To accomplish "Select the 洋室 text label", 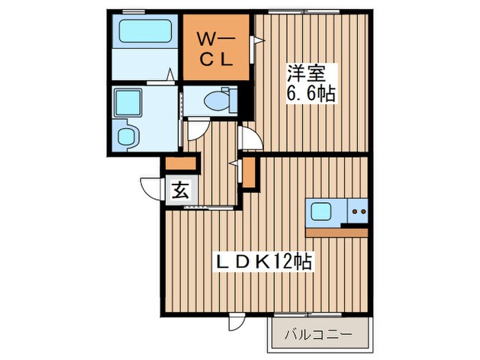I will pyautogui.click(x=309, y=71).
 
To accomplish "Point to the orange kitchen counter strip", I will pyautogui.click(x=337, y=232).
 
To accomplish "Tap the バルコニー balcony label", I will pyautogui.click(x=318, y=336).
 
